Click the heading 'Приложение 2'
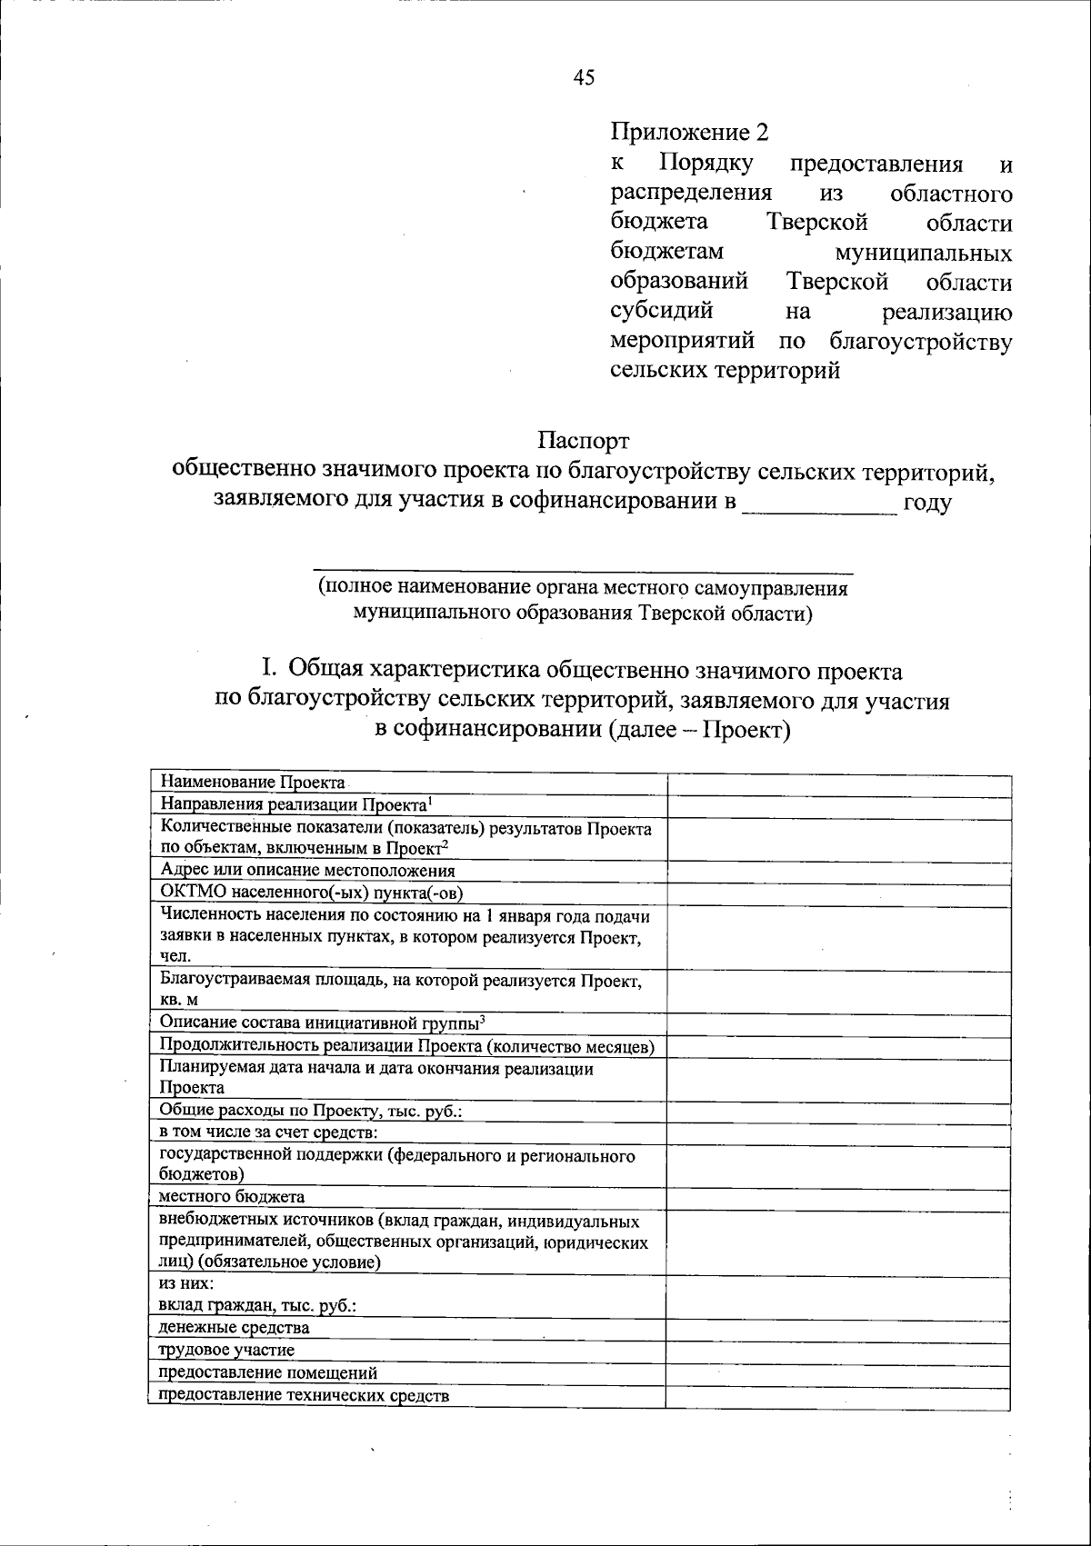pos(689,133)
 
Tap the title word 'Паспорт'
pos(583,441)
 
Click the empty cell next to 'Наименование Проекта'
pos(838,784)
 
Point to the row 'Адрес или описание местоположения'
pos(307,870)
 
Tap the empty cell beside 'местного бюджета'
pos(838,1197)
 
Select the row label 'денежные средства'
pos(235,1328)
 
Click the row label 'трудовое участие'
pos(227,1351)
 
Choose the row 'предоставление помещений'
pos(268,1373)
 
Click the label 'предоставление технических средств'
pos(305,1396)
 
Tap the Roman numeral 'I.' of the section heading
pos(269,671)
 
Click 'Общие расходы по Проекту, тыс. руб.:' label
pos(312,1111)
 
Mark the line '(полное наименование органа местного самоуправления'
pos(582,588)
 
